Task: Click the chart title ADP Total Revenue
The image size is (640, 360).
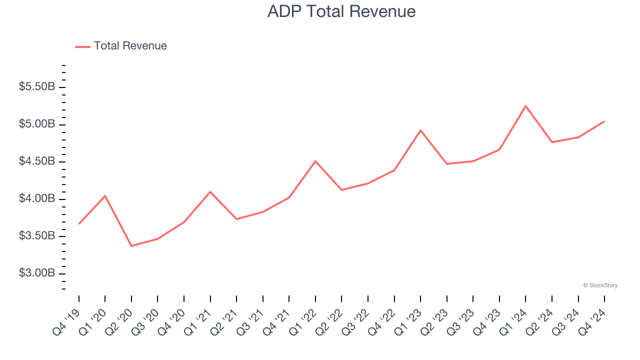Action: [341, 11]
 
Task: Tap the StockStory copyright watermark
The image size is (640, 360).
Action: [600, 285]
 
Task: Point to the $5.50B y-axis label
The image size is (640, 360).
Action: [37, 87]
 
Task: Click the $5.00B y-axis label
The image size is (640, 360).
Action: [37, 124]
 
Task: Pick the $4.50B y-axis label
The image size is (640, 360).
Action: [37, 161]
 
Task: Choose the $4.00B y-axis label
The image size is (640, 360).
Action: [37, 199]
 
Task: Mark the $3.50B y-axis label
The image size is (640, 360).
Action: [37, 236]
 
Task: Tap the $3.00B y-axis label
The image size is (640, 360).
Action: [37, 273]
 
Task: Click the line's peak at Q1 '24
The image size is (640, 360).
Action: [525, 106]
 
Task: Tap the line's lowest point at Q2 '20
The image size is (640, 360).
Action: [131, 245]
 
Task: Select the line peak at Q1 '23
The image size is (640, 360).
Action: [420, 130]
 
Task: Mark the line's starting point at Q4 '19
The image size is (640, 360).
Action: [79, 223]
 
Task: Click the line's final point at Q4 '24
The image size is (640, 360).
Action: [604, 121]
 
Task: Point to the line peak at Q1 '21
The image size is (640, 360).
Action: [210, 191]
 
